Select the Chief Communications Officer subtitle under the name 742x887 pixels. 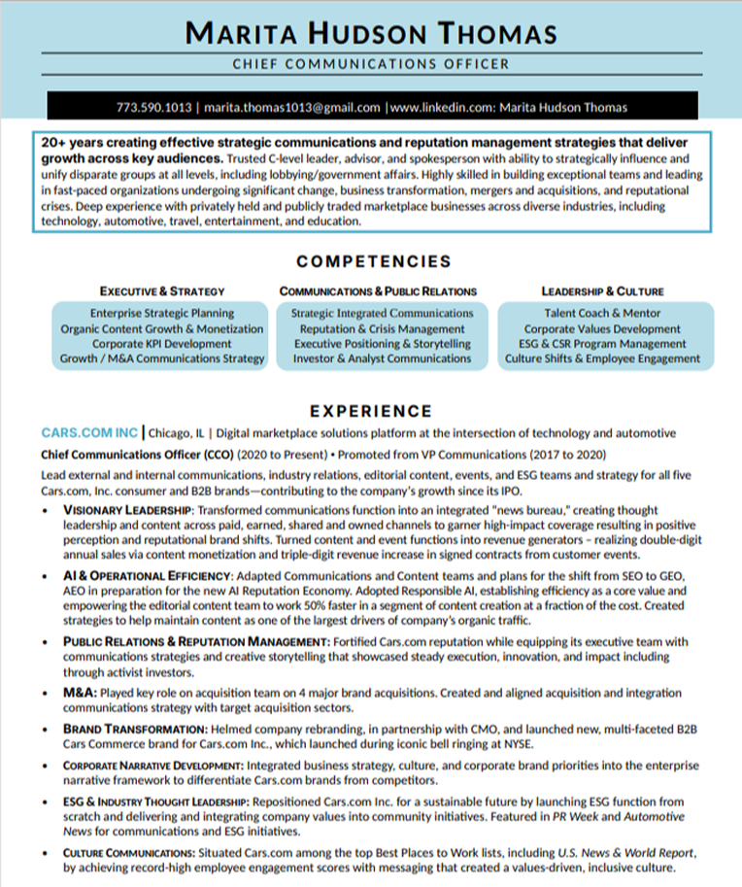371,64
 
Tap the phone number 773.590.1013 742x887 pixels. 153,107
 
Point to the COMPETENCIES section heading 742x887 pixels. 374,261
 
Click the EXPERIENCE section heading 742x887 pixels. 371,411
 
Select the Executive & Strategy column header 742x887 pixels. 162,290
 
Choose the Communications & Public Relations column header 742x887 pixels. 378,290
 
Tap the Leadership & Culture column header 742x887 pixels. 602,290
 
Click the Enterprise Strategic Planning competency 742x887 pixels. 162,314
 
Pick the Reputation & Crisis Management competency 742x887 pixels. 382,328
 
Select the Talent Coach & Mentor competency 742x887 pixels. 602,314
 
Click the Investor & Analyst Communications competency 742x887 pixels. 382,358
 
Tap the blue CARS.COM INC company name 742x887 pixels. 90,432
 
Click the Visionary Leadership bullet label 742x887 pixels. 128,509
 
